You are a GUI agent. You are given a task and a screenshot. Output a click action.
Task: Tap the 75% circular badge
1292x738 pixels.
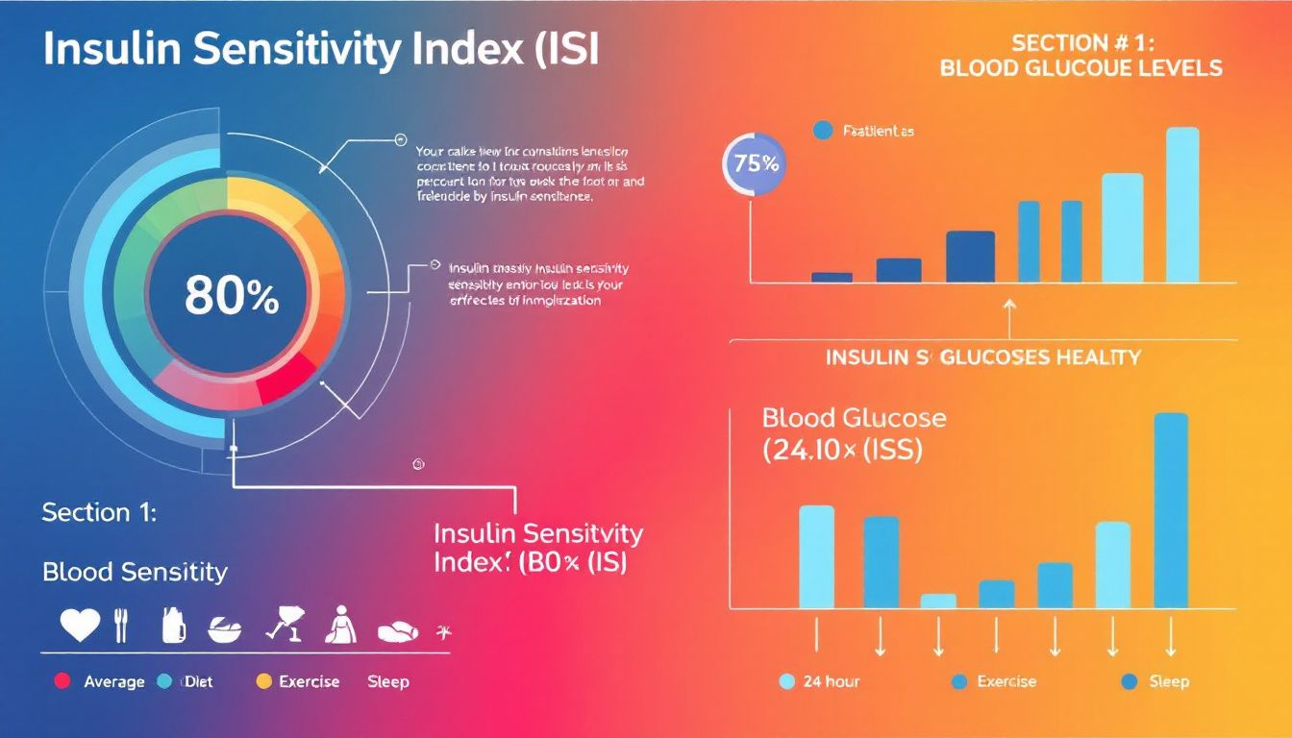coord(755,163)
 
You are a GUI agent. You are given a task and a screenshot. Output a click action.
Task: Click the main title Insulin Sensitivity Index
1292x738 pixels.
coord(320,52)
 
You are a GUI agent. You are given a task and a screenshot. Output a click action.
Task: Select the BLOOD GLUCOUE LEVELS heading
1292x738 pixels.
coord(1081,68)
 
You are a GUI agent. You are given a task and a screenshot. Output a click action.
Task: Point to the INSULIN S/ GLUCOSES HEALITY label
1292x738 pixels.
coord(982,357)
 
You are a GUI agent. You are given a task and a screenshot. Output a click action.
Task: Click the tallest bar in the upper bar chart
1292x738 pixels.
coord(1182,204)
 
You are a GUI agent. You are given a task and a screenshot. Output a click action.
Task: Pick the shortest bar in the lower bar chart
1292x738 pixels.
coord(938,601)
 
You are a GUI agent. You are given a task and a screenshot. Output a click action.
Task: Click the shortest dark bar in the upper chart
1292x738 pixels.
coord(832,277)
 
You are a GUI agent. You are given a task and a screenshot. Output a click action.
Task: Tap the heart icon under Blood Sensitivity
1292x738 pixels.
coord(80,626)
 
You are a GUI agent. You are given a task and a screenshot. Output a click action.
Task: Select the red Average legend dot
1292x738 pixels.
coord(63,681)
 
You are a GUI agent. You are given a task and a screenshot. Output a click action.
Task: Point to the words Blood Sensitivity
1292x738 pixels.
coord(135,572)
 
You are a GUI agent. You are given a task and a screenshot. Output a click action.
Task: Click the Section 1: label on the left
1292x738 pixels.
coord(99,512)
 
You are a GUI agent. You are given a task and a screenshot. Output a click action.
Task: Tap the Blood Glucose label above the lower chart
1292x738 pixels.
coord(854,418)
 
